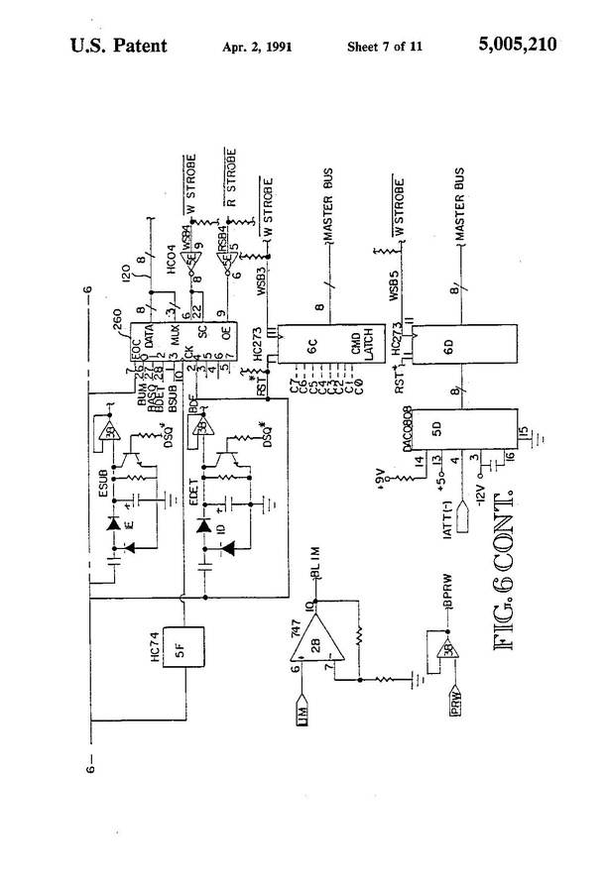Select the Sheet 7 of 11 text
[x=386, y=47]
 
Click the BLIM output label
[x=318, y=581]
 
